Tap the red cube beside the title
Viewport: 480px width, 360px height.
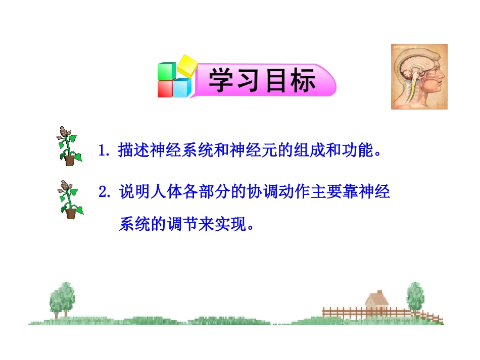pos(165,88)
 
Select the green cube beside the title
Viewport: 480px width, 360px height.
pos(166,71)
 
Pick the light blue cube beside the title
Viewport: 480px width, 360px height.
pos(182,87)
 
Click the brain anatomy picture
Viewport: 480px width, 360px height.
pos(419,77)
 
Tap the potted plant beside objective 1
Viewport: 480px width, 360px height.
pos(68,146)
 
